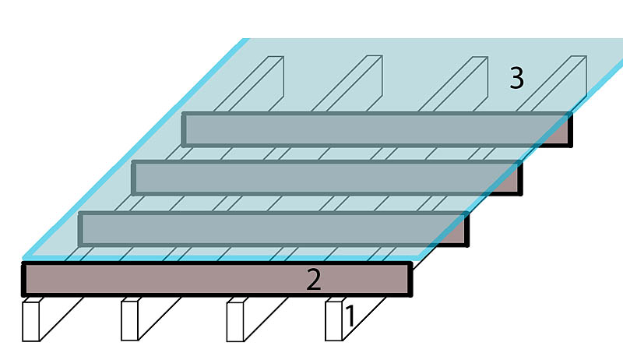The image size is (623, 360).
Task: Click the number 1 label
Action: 350,316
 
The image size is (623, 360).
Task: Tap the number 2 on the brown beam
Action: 313,280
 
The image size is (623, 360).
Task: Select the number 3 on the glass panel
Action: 516,78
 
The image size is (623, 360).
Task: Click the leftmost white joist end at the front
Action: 30,320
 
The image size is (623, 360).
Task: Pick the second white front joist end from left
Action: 129,320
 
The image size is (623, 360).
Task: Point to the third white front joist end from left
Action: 235,320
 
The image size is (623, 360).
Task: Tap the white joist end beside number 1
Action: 333,320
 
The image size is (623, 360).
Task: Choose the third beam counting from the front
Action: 319,178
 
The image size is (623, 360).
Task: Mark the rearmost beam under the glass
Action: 374,129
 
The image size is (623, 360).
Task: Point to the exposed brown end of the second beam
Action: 459,235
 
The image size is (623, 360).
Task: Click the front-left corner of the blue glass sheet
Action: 26,258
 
